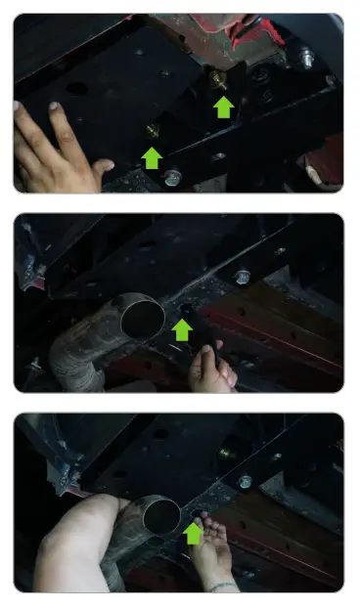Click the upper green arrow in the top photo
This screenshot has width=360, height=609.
pos(224,106)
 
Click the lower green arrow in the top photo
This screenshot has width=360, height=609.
pos(152,156)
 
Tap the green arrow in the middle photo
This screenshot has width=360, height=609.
pos(181,331)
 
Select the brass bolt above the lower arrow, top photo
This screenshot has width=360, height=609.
pos(153,130)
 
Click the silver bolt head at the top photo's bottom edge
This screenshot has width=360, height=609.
pos(173,179)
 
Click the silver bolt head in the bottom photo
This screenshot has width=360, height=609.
pos(246,481)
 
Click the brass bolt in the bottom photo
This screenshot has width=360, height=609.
pos(226,453)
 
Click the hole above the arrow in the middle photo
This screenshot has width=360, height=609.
pos(185,311)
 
